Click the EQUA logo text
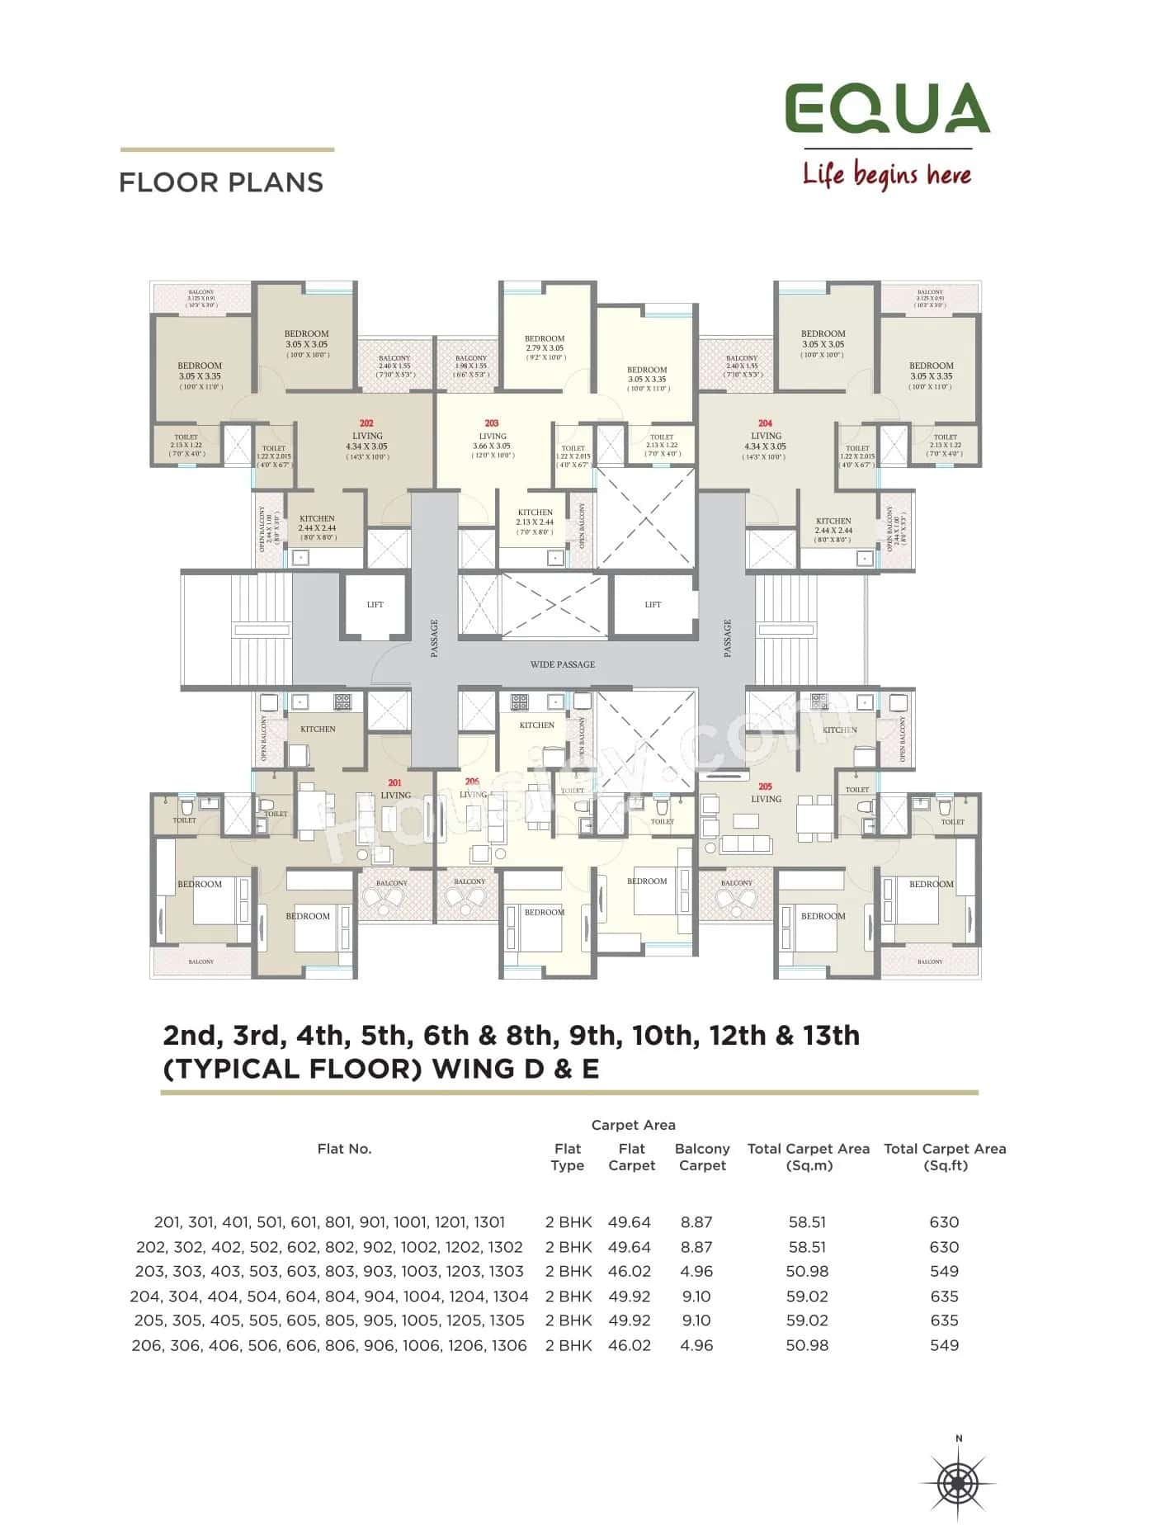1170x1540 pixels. pyautogui.click(x=887, y=108)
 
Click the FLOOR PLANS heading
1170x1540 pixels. pyautogui.click(x=221, y=182)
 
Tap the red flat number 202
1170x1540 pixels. pyautogui.click(x=366, y=423)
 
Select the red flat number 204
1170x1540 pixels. pyautogui.click(x=765, y=423)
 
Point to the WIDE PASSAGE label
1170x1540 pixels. pyautogui.click(x=562, y=664)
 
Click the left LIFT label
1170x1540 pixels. pyautogui.click(x=375, y=605)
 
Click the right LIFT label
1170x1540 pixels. pyautogui.click(x=653, y=605)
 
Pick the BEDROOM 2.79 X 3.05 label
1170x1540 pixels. pyautogui.click(x=545, y=343)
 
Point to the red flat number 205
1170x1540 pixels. pyautogui.click(x=765, y=787)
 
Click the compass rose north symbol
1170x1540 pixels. pyautogui.click(x=958, y=1483)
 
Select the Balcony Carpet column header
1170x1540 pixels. pyautogui.click(x=702, y=1157)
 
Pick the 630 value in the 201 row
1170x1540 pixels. pyautogui.click(x=944, y=1222)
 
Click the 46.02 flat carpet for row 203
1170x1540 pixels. pyautogui.click(x=629, y=1272)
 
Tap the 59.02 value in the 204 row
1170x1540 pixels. pyautogui.click(x=807, y=1297)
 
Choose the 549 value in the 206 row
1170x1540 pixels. pyautogui.click(x=944, y=1345)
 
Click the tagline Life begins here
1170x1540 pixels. pyautogui.click(x=887, y=175)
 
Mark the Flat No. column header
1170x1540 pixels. pyautogui.click(x=344, y=1149)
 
